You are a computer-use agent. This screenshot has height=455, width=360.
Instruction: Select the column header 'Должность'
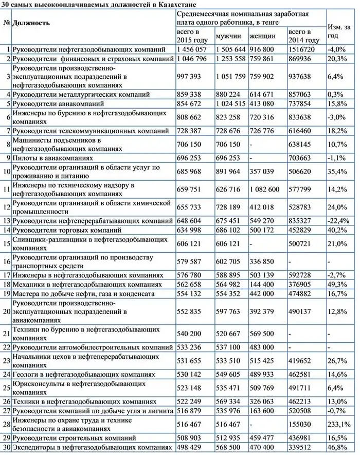click(x=31, y=23)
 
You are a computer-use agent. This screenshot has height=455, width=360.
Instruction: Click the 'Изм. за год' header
click(x=339, y=31)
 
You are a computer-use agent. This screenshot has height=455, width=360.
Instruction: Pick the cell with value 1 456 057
click(x=191, y=49)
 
